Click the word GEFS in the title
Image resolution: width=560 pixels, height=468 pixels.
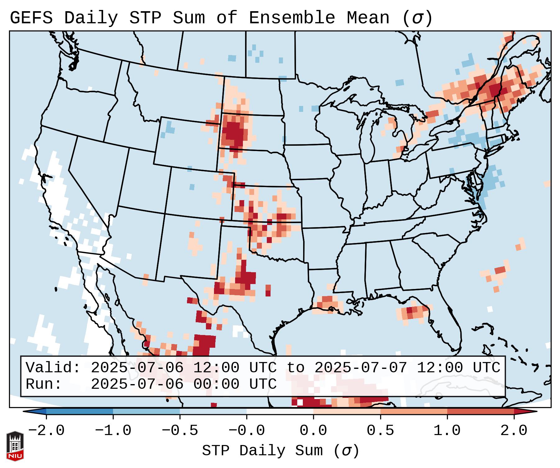tap(31, 18)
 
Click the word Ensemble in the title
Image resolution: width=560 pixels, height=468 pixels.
tap(292, 18)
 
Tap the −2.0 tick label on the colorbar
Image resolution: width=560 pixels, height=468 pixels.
tap(46, 431)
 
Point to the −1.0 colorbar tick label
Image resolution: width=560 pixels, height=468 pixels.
tap(113, 431)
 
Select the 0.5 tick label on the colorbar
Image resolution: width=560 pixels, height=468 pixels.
tap(380, 431)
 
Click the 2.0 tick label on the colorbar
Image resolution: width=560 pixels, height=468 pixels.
tap(514, 431)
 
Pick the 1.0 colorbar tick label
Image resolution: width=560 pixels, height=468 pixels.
tap(447, 431)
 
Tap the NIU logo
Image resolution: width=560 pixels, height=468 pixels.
tap(15, 446)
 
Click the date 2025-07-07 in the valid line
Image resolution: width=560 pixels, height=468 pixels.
tap(361, 368)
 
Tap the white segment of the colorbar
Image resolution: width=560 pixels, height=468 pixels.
tap(280, 411)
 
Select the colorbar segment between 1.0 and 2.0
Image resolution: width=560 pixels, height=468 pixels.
tap(480, 411)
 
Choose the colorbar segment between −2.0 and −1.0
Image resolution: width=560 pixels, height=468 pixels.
tap(80, 411)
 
